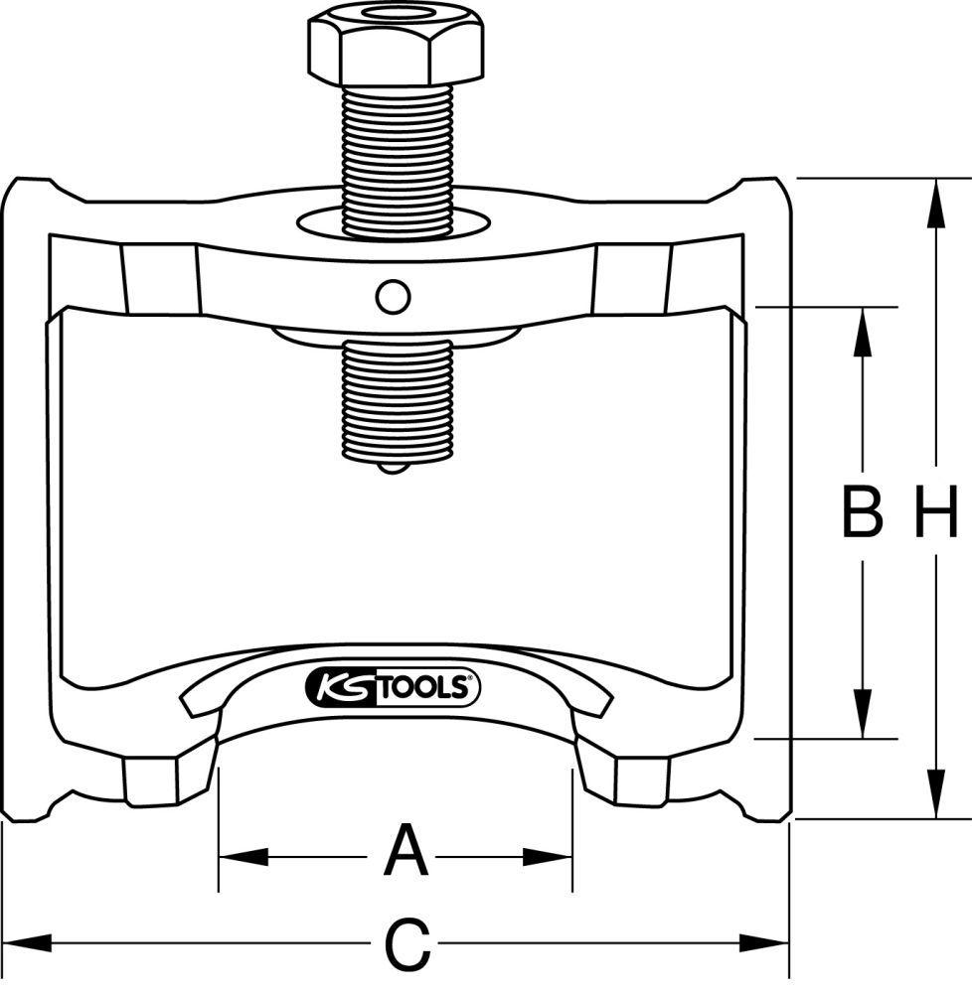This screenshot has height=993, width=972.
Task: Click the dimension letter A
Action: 405,852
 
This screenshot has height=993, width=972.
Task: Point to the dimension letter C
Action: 406,944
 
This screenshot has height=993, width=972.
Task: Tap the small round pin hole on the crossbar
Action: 393,295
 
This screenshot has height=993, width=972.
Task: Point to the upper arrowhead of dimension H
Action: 934,195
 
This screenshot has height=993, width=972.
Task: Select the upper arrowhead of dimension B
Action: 862,324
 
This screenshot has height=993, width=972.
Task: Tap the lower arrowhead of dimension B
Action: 862,722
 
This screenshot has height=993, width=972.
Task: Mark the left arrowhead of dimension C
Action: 20,940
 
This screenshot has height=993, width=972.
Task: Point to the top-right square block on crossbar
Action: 633,278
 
